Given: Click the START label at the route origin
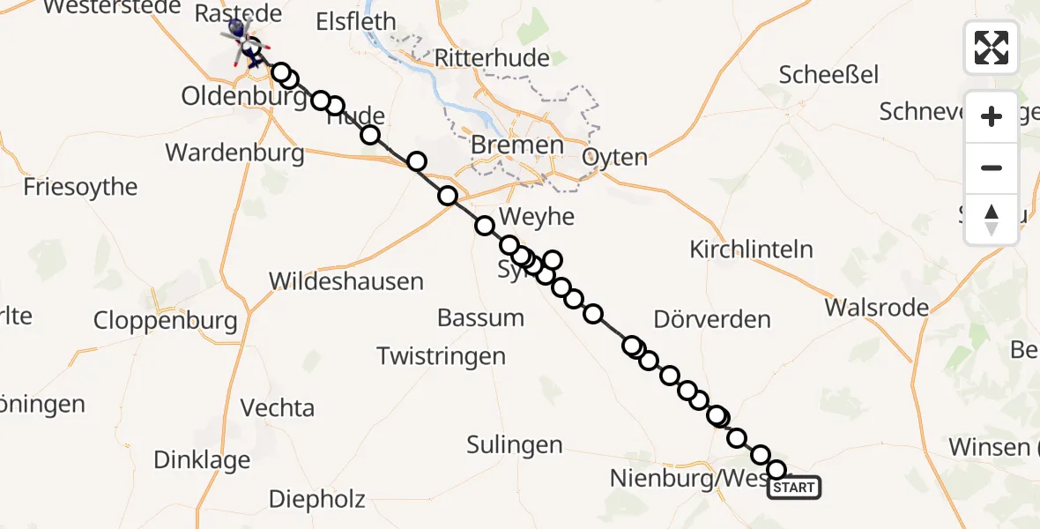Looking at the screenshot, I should tap(794, 488).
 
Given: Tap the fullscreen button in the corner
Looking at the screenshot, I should tap(992, 47).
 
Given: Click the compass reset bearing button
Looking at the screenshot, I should tap(992, 220).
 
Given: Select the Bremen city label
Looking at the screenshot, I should tap(517, 145).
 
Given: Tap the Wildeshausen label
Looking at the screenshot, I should tap(345, 282).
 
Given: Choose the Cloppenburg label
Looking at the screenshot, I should tap(166, 320).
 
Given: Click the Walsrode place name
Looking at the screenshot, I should tap(876, 308).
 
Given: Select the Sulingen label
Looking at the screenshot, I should tap(514, 445).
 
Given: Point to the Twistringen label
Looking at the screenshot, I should tap(441, 356).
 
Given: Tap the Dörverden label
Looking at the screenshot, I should tap(712, 319).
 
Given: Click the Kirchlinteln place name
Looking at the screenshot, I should tap(751, 250).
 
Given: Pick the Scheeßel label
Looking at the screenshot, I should tap(828, 75).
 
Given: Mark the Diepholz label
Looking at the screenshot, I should tap(316, 500).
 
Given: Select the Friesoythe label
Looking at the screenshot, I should tap(80, 187).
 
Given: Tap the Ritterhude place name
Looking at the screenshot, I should tap(493, 59).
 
